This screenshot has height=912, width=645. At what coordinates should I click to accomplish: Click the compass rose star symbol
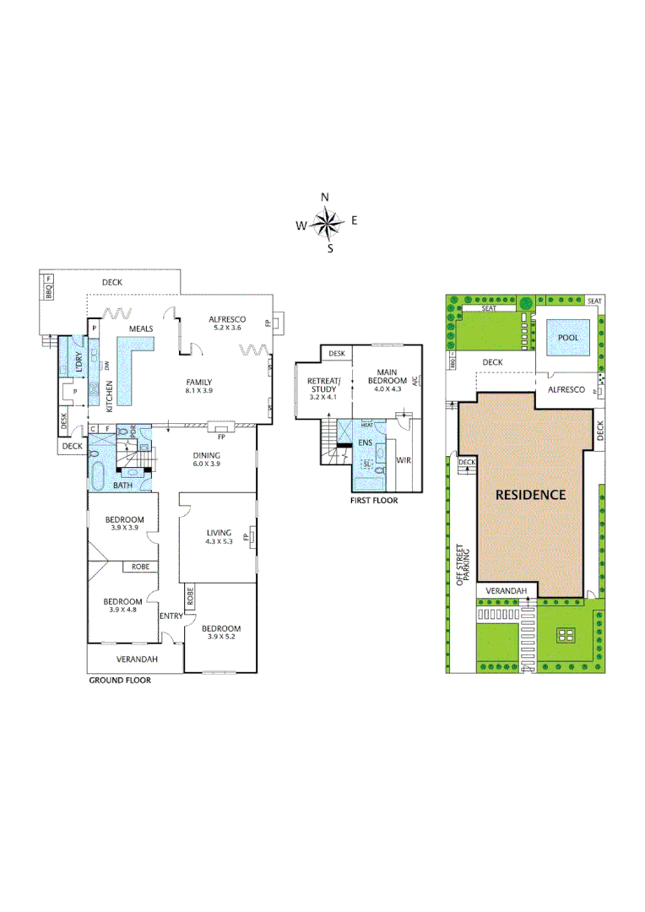pyautogui.click(x=325, y=224)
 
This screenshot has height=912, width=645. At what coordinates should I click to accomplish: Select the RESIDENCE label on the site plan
pyautogui.click(x=530, y=494)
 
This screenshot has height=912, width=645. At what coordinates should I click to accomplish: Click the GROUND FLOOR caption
pyautogui.click(x=120, y=680)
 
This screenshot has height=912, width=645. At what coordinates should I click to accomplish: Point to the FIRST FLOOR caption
pyautogui.click(x=374, y=501)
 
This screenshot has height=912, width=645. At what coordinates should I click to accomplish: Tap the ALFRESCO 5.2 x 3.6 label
pyautogui.click(x=227, y=323)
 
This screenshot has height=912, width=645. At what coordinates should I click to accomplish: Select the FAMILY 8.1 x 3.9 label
pyautogui.click(x=199, y=387)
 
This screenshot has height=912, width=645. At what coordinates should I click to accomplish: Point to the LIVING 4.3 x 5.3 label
pyautogui.click(x=220, y=537)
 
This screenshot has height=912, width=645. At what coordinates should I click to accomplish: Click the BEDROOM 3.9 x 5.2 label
pyautogui.click(x=220, y=632)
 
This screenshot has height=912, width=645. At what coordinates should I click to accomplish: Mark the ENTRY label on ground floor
pyautogui.click(x=171, y=616)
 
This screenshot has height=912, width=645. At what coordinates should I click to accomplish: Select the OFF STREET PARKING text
pyautogui.click(x=462, y=564)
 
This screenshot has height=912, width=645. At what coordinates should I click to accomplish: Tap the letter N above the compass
pyautogui.click(x=325, y=197)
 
